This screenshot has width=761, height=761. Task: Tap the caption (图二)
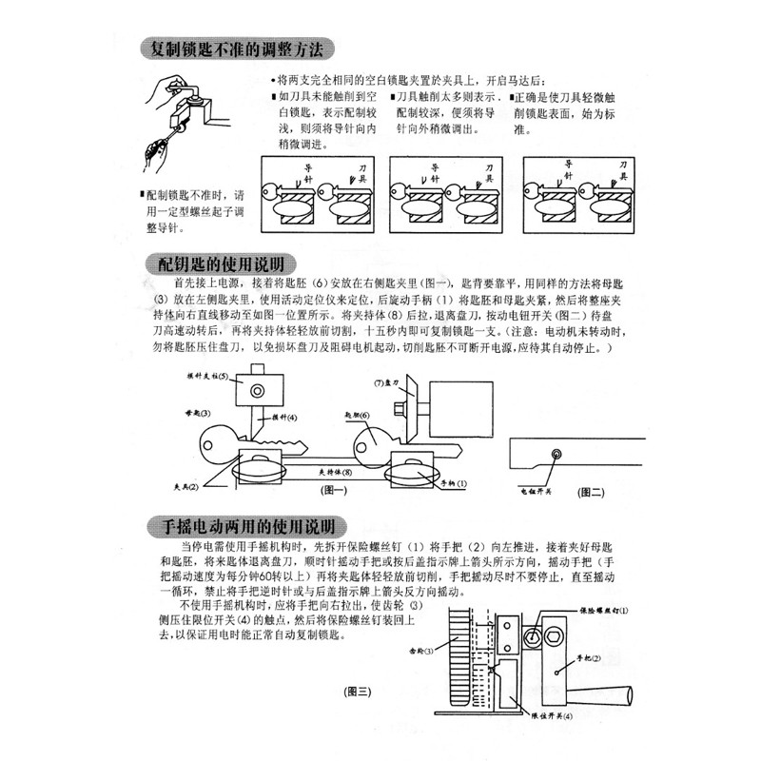[591, 494]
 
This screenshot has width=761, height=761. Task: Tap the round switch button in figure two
[556, 454]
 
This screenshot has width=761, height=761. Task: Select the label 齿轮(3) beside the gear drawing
[422, 651]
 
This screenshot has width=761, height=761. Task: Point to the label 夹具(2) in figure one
[185, 486]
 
